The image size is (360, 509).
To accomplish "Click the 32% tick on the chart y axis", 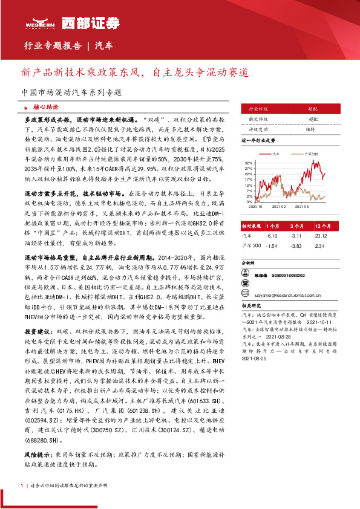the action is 248,163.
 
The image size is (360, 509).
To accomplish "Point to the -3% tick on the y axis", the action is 249,201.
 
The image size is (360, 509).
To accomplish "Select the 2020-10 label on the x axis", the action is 255,207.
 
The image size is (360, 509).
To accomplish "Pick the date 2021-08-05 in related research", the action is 255,358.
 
